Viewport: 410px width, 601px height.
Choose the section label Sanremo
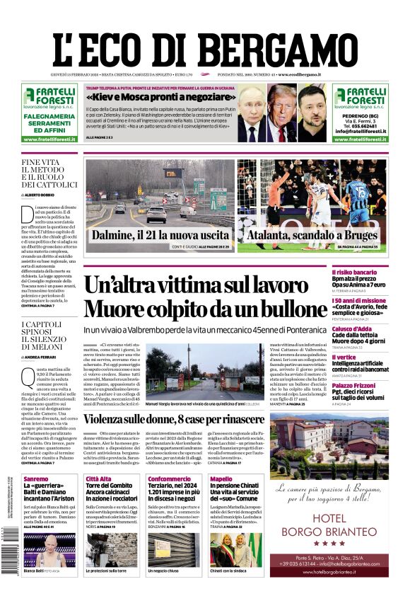tap(36, 479)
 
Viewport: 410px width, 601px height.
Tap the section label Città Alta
tap(98, 479)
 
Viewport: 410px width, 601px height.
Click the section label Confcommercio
tap(169, 479)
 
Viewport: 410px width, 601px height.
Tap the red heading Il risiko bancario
tap(374, 272)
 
